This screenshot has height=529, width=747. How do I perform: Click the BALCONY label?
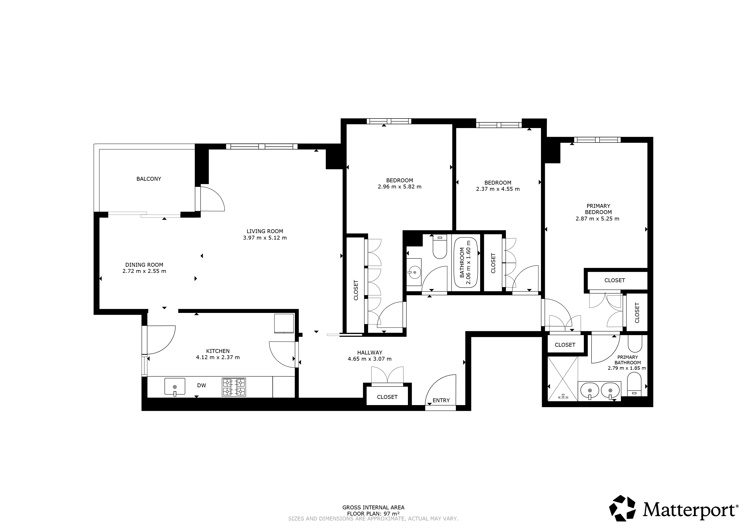[x=149, y=179]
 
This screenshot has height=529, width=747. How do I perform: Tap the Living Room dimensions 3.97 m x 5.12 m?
[x=265, y=238]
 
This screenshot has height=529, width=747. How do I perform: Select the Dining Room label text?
[x=144, y=265]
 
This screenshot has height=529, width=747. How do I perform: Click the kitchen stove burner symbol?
[x=234, y=387]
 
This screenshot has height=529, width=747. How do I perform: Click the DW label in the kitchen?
[x=202, y=385]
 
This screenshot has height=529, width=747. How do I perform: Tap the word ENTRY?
[x=441, y=400]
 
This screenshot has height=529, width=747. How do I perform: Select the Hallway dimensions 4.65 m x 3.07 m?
[x=370, y=359]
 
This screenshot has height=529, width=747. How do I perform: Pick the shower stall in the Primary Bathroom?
[x=563, y=378]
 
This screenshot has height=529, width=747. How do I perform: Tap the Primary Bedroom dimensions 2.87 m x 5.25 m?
[x=597, y=219]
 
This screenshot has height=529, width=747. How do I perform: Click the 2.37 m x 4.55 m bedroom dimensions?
[x=498, y=189]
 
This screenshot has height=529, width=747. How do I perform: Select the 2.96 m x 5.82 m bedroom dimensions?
[x=399, y=187]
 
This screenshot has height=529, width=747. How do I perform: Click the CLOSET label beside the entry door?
[x=387, y=397]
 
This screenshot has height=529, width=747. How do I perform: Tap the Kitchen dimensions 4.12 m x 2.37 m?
[x=218, y=357]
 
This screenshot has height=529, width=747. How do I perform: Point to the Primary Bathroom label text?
[x=628, y=360]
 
